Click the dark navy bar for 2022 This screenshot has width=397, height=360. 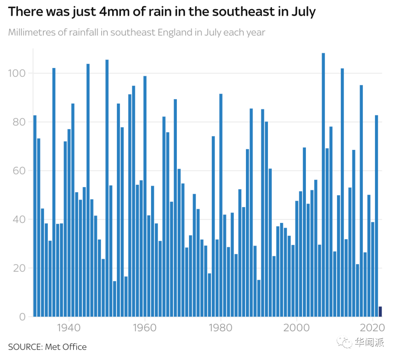point(380,312)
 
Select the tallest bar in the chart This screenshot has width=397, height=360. point(323,184)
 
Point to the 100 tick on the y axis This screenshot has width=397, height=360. point(17,73)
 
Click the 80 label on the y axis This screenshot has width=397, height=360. point(17,122)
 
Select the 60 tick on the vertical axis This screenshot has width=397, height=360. point(17,171)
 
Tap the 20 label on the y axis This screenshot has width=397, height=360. point(17,268)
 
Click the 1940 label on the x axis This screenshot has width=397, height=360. point(69,328)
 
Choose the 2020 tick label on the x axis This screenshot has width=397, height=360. point(373,328)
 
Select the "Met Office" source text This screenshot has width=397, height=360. point(66,347)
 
